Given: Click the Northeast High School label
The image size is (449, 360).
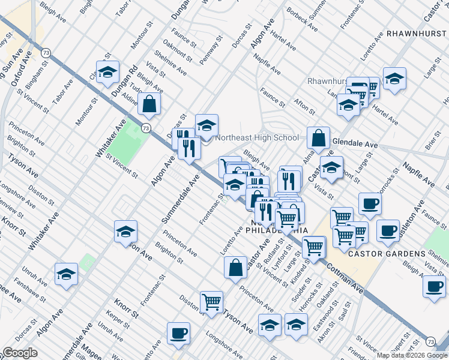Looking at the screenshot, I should pyautogui.click(x=257, y=137).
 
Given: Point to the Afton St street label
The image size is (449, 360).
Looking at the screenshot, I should pyautogui.click(x=304, y=106).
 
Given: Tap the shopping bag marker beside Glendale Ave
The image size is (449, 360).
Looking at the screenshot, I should pyautogui.click(x=319, y=137).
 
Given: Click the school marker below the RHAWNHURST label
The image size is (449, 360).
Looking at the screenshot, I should pyautogui.click(x=395, y=78).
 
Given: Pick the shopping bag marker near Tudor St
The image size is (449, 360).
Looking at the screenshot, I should pyautogui.click(x=149, y=104).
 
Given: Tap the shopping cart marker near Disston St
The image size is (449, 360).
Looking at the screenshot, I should pyautogui.click(x=211, y=302).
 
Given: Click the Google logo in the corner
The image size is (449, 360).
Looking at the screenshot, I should pyautogui.click(x=20, y=353).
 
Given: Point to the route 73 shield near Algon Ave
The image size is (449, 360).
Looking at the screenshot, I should pyautogui.click(x=146, y=128).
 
